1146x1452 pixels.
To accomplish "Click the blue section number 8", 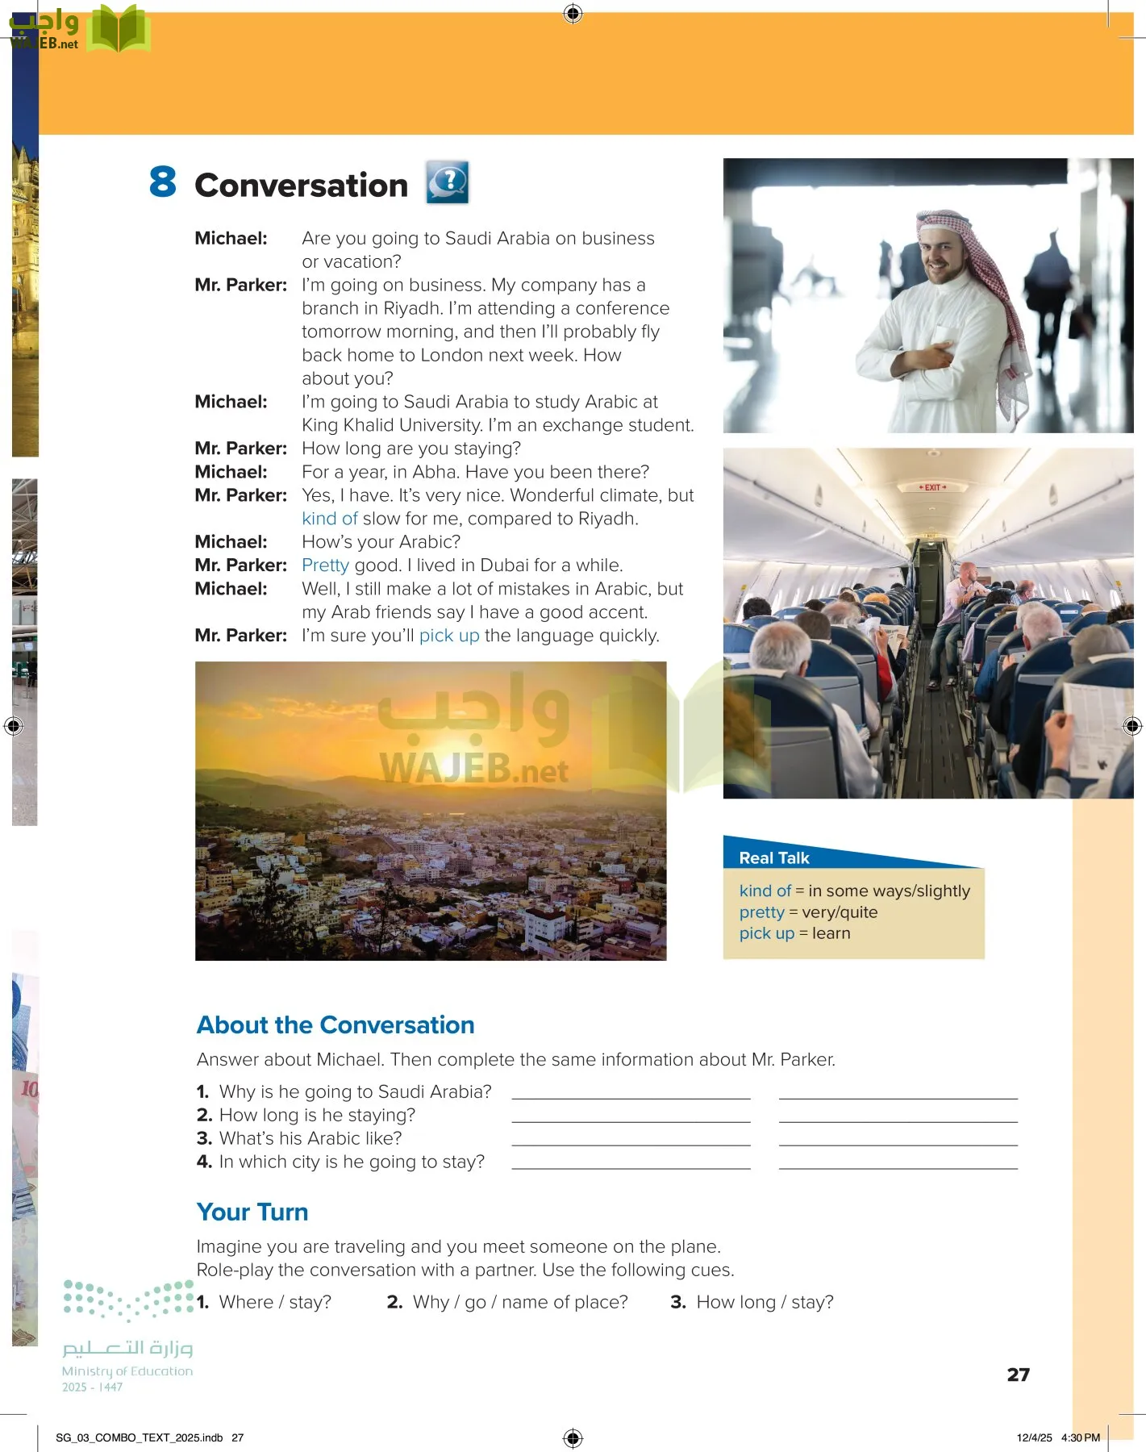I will (162, 181).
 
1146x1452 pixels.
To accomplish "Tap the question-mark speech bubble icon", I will (447, 182).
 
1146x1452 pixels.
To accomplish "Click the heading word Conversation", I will (301, 186).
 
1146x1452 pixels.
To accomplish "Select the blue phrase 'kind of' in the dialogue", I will (329, 519).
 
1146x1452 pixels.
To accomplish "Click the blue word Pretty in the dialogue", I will (325, 565).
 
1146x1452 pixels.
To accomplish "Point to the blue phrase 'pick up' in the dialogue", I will (448, 636).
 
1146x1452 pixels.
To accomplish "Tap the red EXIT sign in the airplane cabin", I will (932, 487).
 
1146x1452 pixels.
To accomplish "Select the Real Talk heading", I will (773, 858).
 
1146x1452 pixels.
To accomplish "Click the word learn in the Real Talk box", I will (831, 933).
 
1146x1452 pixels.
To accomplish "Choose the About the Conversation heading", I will (335, 1025).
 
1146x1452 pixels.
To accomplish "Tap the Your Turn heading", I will (252, 1212).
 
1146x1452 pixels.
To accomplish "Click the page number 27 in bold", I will (1018, 1375).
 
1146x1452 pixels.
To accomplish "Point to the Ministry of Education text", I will (127, 1371).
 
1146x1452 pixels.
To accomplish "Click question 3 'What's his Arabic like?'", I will (310, 1138).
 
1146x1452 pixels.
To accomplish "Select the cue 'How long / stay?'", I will (765, 1302).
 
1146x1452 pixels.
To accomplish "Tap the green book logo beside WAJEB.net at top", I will (119, 30).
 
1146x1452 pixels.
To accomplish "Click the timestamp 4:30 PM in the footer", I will (1080, 1437).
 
